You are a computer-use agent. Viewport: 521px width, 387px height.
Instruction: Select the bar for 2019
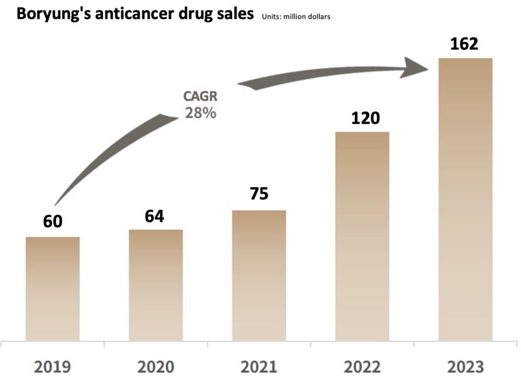(53, 289)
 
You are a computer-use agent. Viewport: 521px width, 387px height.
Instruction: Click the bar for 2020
(156, 285)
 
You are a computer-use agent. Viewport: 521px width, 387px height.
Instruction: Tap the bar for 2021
(259, 275)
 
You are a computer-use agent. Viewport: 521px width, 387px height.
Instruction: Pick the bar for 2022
(362, 236)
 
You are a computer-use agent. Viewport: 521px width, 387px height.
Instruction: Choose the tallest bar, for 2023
(465, 199)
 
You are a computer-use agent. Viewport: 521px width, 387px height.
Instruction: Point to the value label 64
(155, 215)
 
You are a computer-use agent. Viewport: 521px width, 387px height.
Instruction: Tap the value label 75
(259, 194)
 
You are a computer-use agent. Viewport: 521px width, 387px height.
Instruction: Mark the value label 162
(465, 43)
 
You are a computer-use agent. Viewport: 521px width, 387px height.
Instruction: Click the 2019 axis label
(52, 367)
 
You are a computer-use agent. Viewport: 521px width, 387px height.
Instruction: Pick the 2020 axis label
(155, 367)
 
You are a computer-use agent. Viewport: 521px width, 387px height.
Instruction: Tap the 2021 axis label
(258, 367)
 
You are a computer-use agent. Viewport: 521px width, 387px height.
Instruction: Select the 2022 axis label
(362, 367)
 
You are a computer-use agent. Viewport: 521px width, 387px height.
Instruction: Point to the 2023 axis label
(465, 367)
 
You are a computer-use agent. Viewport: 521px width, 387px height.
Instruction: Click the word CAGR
(200, 97)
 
